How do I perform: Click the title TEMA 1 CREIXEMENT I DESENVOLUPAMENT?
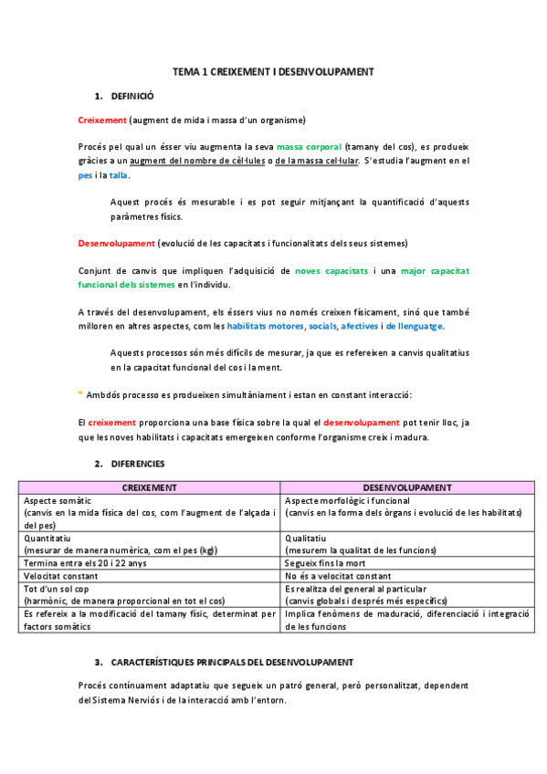tap(274, 71)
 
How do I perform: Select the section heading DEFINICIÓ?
tap(132, 95)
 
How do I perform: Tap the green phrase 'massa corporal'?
tap(310, 147)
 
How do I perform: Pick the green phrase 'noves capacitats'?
tap(331, 271)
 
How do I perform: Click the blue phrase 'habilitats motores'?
tap(266, 327)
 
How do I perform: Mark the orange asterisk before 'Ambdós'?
tap(79, 394)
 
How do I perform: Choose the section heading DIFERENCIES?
tap(138, 464)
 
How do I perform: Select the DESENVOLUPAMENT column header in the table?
tap(406, 488)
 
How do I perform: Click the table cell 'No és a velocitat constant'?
tap(337, 577)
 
